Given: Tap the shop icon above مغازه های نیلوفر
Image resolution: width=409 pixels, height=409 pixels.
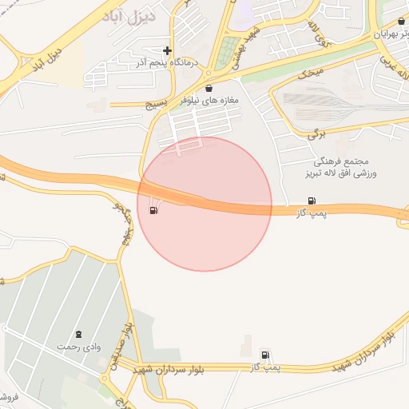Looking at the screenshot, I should (x=209, y=89).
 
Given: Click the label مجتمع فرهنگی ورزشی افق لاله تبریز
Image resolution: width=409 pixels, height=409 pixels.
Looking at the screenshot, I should (x=344, y=167).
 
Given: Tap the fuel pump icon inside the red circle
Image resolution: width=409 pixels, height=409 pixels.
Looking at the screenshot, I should (x=153, y=210).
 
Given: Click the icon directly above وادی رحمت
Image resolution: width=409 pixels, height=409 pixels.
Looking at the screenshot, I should (x=78, y=334).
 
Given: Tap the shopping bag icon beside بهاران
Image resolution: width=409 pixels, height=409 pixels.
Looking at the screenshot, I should (x=400, y=22).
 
